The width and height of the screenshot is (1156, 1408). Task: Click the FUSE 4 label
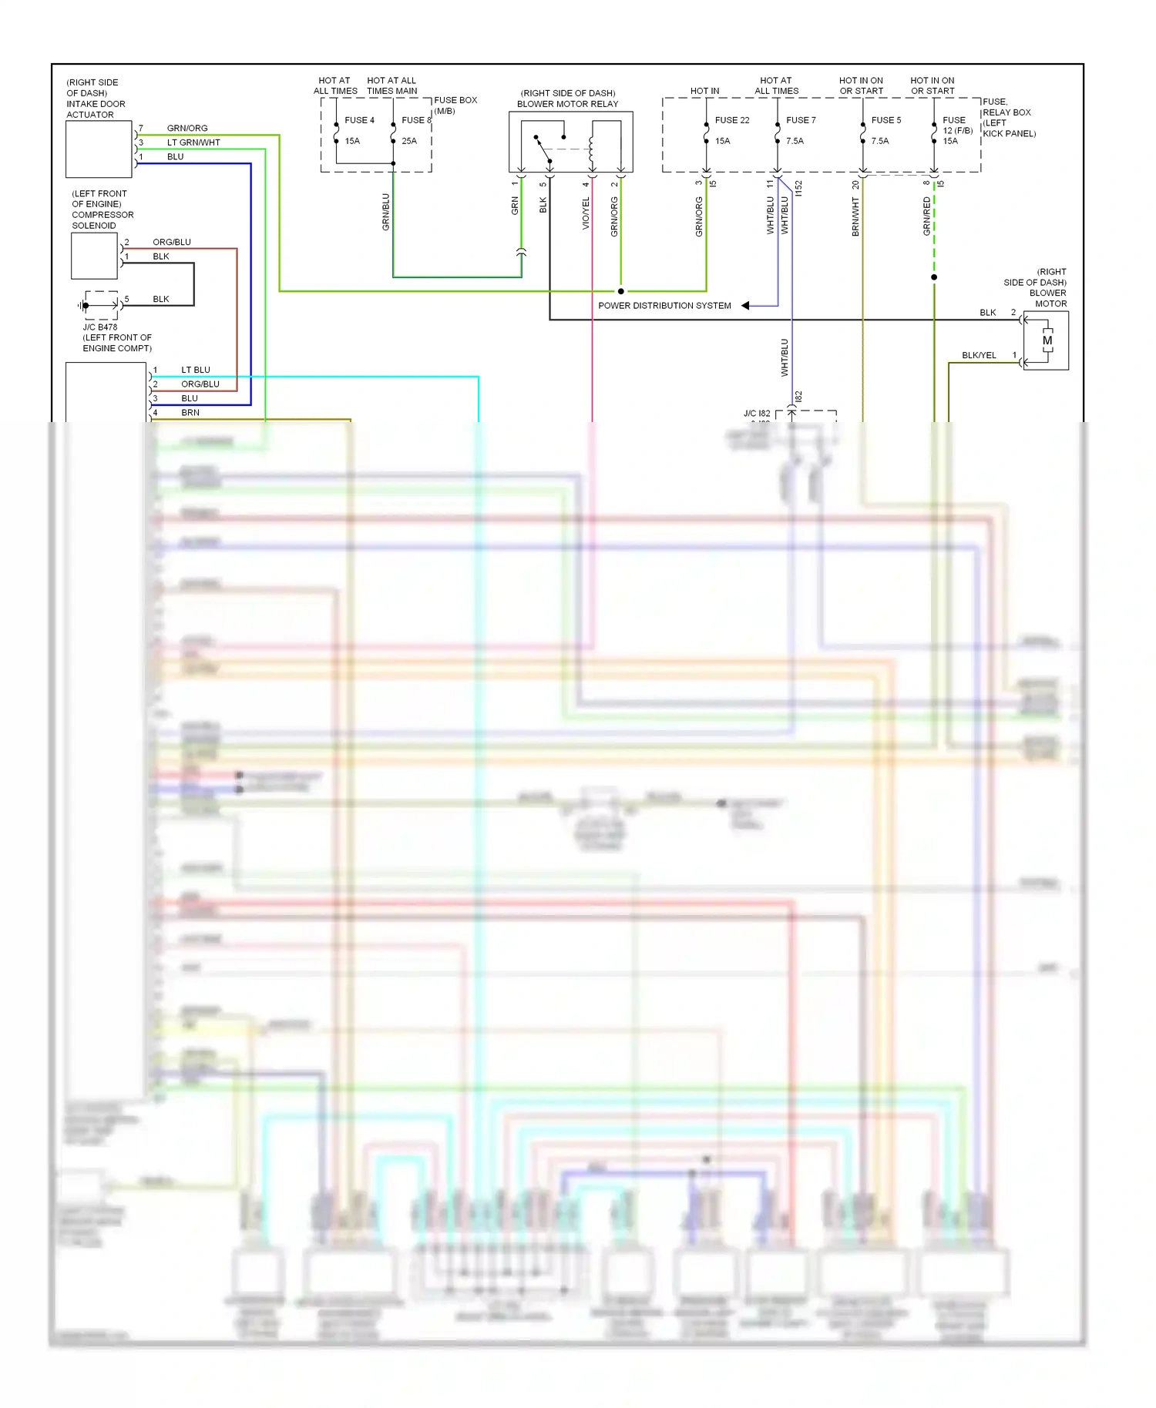click(359, 120)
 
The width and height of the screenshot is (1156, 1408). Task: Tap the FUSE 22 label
click(731, 120)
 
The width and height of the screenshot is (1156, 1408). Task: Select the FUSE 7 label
click(801, 120)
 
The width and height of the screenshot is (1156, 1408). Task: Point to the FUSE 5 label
click(885, 120)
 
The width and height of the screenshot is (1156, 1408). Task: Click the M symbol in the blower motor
click(1047, 340)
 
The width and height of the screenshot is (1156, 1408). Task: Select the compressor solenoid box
click(94, 256)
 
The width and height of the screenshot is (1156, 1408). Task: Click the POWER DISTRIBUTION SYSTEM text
click(664, 306)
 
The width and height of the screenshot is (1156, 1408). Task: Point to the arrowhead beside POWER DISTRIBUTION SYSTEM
click(745, 306)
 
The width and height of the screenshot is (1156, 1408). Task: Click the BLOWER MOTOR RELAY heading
click(567, 104)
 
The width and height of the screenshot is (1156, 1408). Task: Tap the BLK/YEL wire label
click(979, 355)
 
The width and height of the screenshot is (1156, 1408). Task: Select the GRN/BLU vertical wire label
click(386, 212)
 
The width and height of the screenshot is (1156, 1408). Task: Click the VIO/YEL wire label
click(586, 213)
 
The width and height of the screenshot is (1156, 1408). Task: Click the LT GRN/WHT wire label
click(193, 142)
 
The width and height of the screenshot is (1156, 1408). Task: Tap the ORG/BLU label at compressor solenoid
click(171, 242)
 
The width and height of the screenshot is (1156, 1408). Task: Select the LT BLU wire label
click(195, 370)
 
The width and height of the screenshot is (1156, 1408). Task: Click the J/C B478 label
click(100, 327)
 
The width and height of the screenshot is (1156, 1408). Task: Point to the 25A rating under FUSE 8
click(408, 141)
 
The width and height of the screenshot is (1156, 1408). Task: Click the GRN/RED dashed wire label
click(926, 216)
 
